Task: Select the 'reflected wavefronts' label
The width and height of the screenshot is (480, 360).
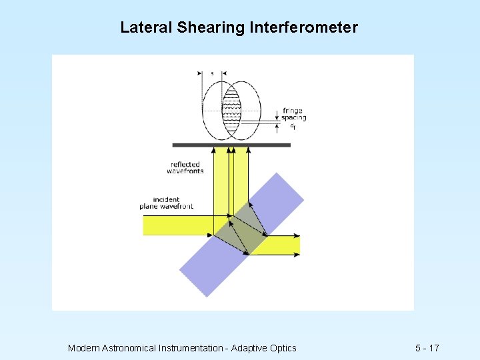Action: click(185, 168)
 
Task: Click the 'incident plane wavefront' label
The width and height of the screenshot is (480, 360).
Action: click(167, 203)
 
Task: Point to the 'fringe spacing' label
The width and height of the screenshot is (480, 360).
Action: click(293, 115)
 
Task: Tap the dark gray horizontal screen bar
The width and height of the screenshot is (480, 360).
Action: click(231, 145)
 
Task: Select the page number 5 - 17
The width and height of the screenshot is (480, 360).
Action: click(427, 348)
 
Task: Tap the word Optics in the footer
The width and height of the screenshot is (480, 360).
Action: click(282, 348)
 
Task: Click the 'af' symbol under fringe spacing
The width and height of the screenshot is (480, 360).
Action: click(293, 125)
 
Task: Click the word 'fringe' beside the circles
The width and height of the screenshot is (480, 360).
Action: click(293, 111)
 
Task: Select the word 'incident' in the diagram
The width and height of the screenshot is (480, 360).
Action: click(166, 199)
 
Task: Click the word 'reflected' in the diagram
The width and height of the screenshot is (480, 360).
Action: click(185, 165)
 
